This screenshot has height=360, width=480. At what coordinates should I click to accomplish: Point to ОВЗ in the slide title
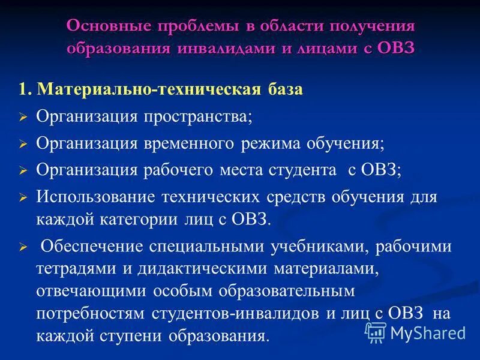tap(396, 49)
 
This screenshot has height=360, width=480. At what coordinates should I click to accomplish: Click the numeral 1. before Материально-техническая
tap(25, 90)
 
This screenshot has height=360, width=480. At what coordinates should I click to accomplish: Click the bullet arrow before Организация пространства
tap(23, 118)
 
